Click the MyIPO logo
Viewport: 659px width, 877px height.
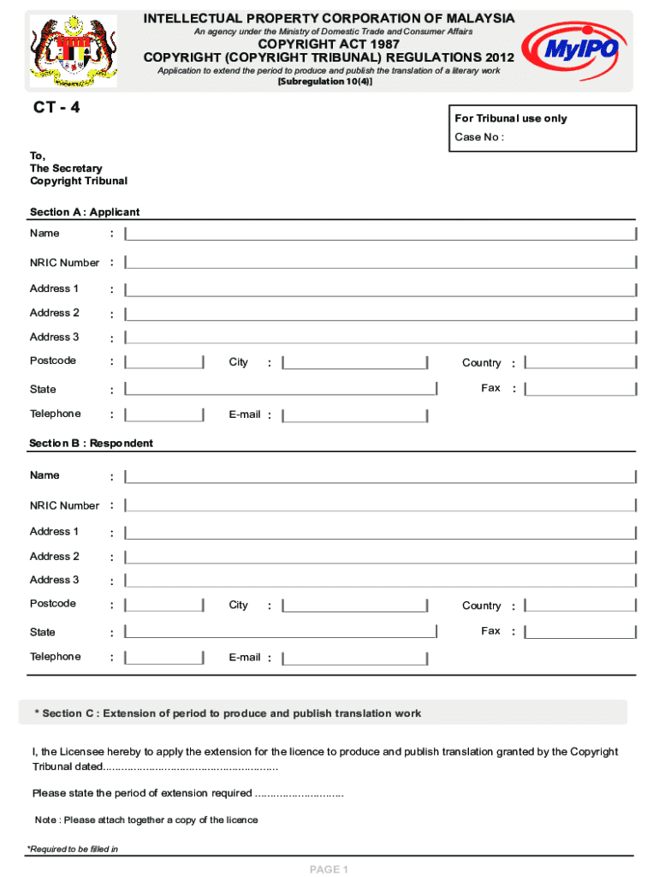571,50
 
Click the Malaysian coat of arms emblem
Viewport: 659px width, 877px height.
73,51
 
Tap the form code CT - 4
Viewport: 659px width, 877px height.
56,108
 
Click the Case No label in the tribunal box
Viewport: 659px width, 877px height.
478,137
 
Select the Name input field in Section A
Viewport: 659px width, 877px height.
380,235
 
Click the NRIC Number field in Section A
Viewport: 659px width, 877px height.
380,263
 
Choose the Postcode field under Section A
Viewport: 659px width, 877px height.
164,362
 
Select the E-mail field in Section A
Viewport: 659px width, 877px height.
355,415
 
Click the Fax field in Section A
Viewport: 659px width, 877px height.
580,389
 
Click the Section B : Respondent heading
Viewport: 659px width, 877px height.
92,443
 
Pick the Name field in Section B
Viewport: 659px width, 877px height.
380,476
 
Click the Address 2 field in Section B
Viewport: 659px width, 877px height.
380,557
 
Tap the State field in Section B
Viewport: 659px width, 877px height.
281,632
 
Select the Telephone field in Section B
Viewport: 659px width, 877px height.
164,658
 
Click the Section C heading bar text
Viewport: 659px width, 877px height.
228,713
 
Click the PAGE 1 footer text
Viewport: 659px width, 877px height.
329,869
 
